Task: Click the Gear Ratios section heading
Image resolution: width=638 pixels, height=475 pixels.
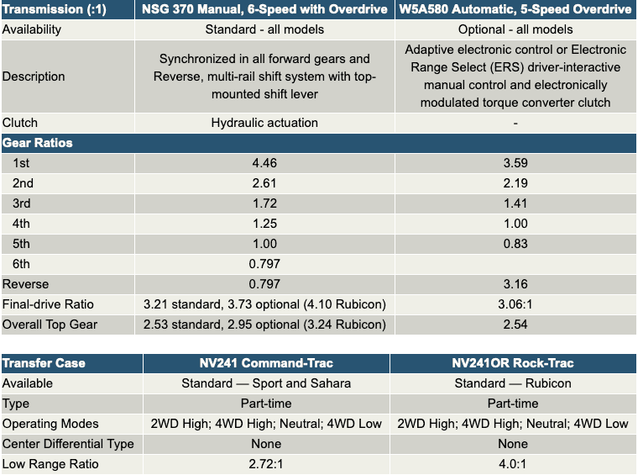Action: pos(38,143)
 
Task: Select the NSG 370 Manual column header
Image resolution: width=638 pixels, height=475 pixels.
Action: pos(264,9)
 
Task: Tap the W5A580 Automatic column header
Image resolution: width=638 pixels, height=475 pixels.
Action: pos(515,9)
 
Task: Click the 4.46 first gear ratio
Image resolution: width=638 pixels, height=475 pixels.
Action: pos(264,163)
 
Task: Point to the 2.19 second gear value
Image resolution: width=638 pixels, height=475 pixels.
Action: pos(515,183)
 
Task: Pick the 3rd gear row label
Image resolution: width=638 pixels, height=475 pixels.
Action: pos(22,203)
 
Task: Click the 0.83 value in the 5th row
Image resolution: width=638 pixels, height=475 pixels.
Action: pos(515,244)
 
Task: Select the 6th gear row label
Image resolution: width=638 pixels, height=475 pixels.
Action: pos(21,264)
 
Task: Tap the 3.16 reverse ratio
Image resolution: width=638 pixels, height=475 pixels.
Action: pos(515,284)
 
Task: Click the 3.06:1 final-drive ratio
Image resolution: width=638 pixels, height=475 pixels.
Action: pos(515,304)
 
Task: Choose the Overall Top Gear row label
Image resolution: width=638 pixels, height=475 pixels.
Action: pos(50,325)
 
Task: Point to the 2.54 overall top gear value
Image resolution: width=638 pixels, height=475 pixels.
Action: pos(515,325)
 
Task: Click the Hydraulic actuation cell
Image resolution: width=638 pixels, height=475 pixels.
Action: pos(264,123)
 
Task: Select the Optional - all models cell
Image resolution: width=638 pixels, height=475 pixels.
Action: pos(515,29)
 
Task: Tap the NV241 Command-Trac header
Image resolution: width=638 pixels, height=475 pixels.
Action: pos(266,363)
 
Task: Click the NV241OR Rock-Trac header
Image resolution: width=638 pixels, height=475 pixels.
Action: pos(513,363)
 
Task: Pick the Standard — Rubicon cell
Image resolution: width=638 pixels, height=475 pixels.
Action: pos(513,383)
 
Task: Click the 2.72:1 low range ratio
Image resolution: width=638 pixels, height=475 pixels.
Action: pos(266,464)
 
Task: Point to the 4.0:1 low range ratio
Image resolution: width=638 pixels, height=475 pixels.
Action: pos(513,464)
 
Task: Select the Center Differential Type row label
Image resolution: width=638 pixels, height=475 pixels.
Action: pos(68,444)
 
